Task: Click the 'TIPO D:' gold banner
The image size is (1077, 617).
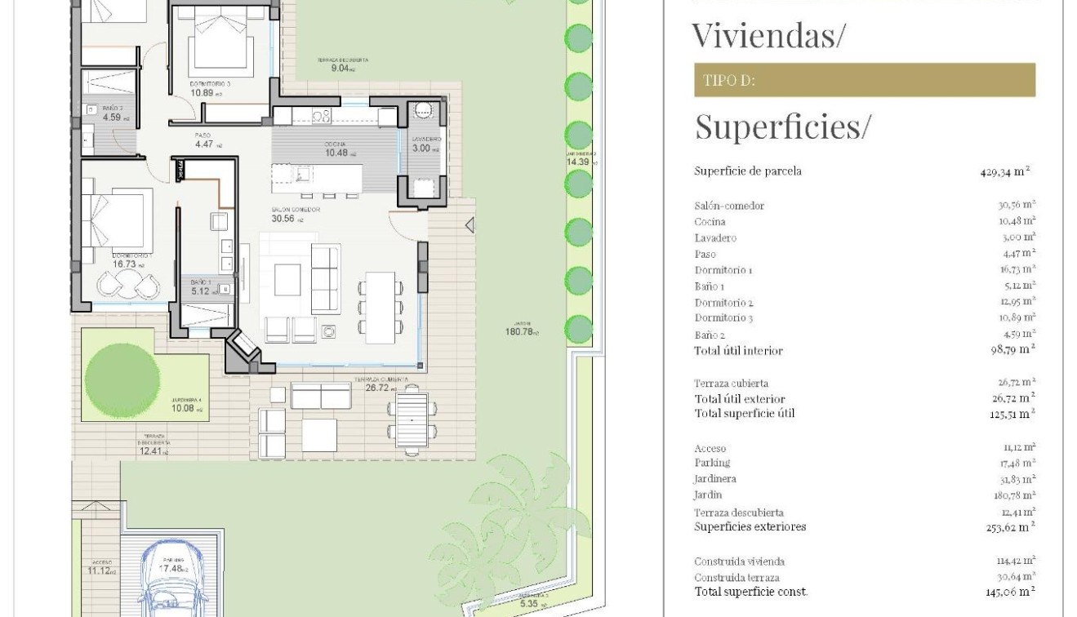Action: point(864,80)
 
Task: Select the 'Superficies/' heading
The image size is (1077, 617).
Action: point(782,127)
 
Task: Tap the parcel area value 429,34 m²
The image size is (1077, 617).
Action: point(1006,171)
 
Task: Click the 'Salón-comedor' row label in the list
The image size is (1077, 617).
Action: point(729,206)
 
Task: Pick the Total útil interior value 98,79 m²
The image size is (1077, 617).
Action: point(1010,350)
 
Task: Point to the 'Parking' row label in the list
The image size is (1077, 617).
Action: point(712,463)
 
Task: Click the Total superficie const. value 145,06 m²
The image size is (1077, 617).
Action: point(1010,591)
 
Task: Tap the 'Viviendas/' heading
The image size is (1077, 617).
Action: point(768,35)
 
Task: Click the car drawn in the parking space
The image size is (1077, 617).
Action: point(171,580)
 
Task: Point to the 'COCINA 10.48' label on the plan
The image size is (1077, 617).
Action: point(336,149)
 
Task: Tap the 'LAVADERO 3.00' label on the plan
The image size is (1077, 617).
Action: point(421,144)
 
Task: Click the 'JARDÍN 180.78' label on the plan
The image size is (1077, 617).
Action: point(522,326)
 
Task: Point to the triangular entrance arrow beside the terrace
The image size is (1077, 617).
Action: point(469,224)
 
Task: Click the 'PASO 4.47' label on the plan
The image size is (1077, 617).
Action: point(206,140)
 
